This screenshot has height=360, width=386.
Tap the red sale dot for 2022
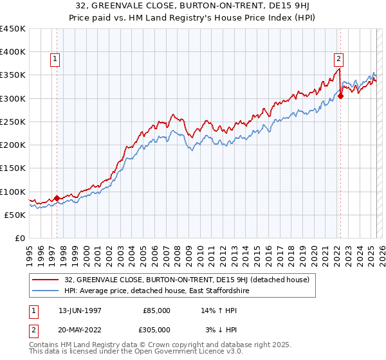coord(340,96)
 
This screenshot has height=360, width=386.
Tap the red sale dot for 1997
coord(57,198)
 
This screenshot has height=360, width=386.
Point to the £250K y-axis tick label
coord(13,122)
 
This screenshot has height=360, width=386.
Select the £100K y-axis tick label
coord(13,192)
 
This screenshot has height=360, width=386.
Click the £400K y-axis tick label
coord(13,52)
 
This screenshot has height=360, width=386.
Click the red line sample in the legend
coord(46,280)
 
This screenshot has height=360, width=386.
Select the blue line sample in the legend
coord(46,291)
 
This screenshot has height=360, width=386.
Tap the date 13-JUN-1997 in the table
coord(80,310)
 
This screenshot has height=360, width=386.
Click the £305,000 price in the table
coord(156,329)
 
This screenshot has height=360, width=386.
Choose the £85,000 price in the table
coord(157,310)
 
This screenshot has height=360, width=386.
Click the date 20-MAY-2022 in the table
coord(80,329)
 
